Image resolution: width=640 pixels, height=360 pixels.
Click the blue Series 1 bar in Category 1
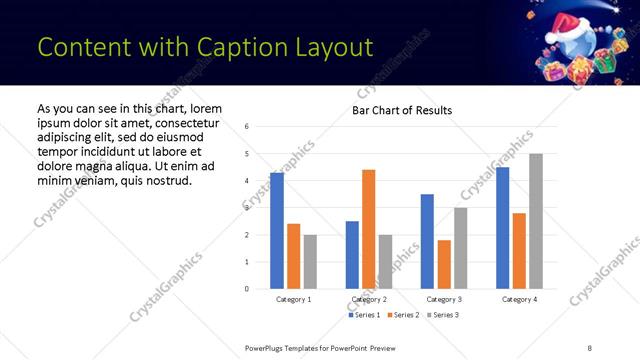pos(277,231)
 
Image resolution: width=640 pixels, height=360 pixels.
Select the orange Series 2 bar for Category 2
pos(368,229)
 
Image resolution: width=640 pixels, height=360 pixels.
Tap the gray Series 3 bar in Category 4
pos(535,221)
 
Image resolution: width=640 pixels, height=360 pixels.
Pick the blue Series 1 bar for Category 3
pos(427,241)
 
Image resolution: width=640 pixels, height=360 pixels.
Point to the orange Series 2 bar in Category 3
pos(444,264)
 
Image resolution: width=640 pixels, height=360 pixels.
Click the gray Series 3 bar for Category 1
pos(310,262)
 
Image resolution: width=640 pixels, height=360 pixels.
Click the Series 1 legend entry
pos(364,315)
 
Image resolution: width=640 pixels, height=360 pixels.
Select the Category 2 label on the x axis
pos(369,299)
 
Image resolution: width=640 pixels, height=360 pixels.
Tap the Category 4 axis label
pos(519,299)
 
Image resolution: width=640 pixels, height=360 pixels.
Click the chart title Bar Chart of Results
pos(402,110)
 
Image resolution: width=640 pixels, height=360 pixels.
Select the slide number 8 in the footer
pos(590,348)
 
